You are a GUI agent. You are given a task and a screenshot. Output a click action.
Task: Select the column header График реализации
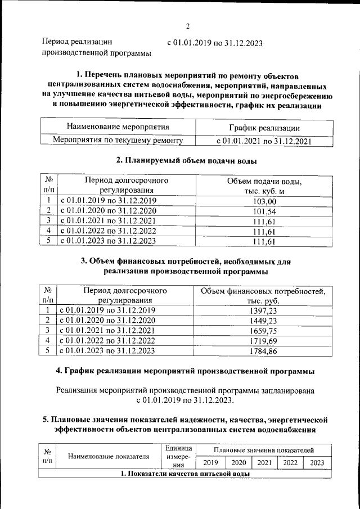tap(264, 128)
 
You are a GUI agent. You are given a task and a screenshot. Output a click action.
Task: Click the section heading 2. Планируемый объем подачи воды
tap(186, 161)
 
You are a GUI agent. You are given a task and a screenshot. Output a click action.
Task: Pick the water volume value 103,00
tap(264, 201)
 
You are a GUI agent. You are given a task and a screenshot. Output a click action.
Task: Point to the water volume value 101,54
tap(264, 211)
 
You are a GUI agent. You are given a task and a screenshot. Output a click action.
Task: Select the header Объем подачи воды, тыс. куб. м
tap(264, 186)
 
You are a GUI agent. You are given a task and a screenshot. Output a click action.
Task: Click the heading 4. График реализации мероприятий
tap(186, 371)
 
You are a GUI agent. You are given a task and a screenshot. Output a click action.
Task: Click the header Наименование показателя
tap(108, 456)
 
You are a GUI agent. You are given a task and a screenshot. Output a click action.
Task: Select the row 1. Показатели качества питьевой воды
tap(185, 474)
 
